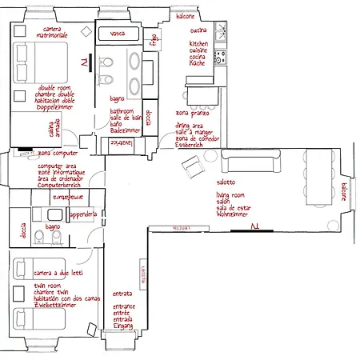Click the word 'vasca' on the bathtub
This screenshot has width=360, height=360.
[118, 34]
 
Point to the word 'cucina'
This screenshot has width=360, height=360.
[198, 30]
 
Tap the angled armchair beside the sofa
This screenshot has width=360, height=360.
[193, 166]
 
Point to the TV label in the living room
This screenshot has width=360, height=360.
[254, 227]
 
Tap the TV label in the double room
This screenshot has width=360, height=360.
[84, 62]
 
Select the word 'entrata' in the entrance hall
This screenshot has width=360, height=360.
[122, 294]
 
